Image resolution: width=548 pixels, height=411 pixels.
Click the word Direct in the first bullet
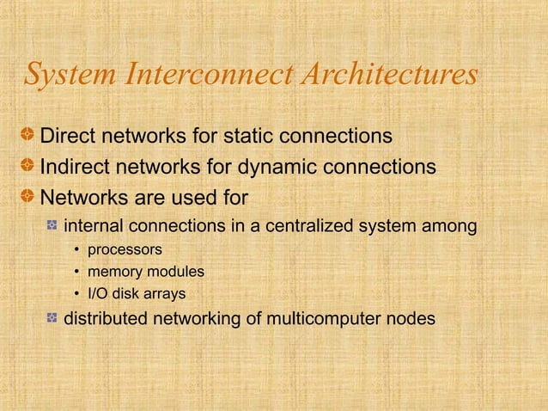coord(68,137)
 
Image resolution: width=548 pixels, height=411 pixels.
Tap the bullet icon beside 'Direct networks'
coord(29,137)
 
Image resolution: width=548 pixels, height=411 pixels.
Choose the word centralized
coord(317,228)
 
